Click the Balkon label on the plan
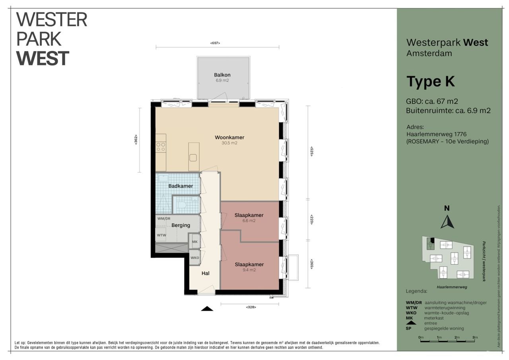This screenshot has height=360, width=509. point(222,75)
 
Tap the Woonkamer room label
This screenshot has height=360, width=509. point(229,138)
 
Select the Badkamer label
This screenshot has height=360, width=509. point(181,186)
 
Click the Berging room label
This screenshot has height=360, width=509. point(181,225)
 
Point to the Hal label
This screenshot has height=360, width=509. point(206,273)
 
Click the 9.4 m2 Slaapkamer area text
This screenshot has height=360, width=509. point(249,270)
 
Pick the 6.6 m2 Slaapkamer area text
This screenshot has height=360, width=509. point(249,221)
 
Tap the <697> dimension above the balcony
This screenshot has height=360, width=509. point(215,43)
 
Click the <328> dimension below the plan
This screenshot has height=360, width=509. point(251,307)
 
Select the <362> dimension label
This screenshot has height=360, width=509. point(136,140)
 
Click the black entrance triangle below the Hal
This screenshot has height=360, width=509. point(207,308)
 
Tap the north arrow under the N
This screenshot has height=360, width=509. point(447,222)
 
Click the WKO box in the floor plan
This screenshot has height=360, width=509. point(195,257)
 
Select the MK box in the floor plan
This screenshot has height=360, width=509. point(195,241)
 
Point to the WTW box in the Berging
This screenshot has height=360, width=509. point(161,235)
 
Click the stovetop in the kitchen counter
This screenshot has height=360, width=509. point(161,147)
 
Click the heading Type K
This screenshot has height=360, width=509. point(431,82)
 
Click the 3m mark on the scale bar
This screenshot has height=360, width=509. point(475,338)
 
